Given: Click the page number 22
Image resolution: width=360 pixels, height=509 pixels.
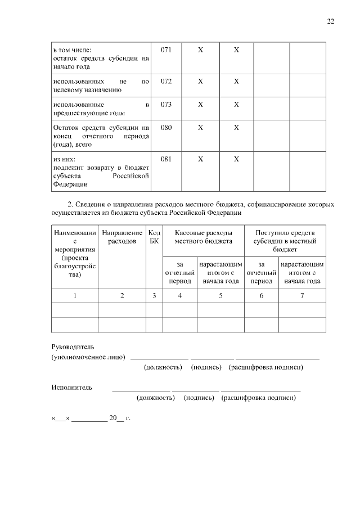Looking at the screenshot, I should (x=331, y=21).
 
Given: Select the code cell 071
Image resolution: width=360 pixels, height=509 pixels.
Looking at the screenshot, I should (x=166, y=50).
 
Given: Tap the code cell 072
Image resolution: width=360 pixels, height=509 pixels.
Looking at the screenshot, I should (x=166, y=81).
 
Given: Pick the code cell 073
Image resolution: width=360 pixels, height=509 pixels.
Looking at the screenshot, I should (x=166, y=104).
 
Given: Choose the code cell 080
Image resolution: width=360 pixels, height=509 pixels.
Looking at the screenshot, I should (x=166, y=128).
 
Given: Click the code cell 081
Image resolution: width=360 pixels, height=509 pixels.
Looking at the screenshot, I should (x=166, y=159).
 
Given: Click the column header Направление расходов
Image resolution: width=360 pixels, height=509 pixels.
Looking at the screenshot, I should (x=122, y=236).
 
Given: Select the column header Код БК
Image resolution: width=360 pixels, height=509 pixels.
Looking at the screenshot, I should (x=154, y=236).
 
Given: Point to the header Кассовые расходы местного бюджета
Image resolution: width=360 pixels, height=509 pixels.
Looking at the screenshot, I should (x=203, y=236).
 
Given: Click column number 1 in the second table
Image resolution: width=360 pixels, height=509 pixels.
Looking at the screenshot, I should (x=74, y=295).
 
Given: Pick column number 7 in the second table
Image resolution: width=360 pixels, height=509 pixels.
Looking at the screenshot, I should (x=302, y=295).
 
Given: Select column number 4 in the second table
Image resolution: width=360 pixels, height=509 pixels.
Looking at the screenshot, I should (x=179, y=295).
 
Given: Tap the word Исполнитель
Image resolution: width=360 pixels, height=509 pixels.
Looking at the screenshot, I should (x=71, y=388).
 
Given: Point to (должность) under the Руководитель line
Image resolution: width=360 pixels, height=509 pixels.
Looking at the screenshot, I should (x=163, y=367).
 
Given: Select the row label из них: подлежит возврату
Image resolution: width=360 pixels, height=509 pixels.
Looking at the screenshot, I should (x=101, y=172).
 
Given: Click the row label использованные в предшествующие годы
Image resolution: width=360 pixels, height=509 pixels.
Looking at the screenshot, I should (x=101, y=109).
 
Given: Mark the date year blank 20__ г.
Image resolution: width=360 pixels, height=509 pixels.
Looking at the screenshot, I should (x=120, y=418).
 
